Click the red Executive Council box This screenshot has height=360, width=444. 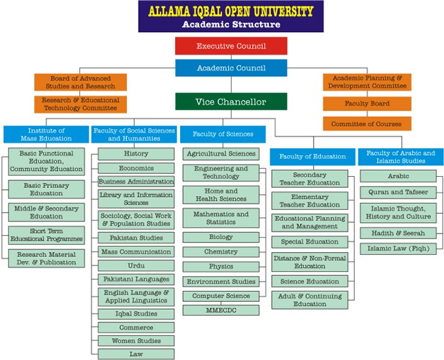(x=230, y=46)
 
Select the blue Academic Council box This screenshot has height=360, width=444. (x=230, y=68)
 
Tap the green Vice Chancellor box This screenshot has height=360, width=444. (x=230, y=102)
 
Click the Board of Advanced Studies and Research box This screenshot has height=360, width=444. (x=80, y=83)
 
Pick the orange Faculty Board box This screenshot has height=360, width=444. (x=367, y=104)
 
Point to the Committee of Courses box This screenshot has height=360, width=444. (x=367, y=124)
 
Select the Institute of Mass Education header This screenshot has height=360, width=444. (x=46, y=134)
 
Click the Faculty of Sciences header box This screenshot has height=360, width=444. (x=223, y=134)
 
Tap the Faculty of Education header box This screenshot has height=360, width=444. (x=312, y=156)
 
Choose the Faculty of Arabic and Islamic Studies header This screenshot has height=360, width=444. (x=400, y=156)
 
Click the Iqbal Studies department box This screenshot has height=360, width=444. (x=136, y=314)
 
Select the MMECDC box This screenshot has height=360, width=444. (x=221, y=309)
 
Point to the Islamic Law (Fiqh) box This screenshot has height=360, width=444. (x=398, y=248)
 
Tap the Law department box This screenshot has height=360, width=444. (x=136, y=354)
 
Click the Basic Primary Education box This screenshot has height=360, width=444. (x=46, y=189)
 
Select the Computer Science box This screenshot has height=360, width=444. (x=221, y=296)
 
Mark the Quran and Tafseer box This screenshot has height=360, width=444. (x=398, y=192)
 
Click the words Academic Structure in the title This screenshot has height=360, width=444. (x=231, y=25)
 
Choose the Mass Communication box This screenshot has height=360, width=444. (x=136, y=251)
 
